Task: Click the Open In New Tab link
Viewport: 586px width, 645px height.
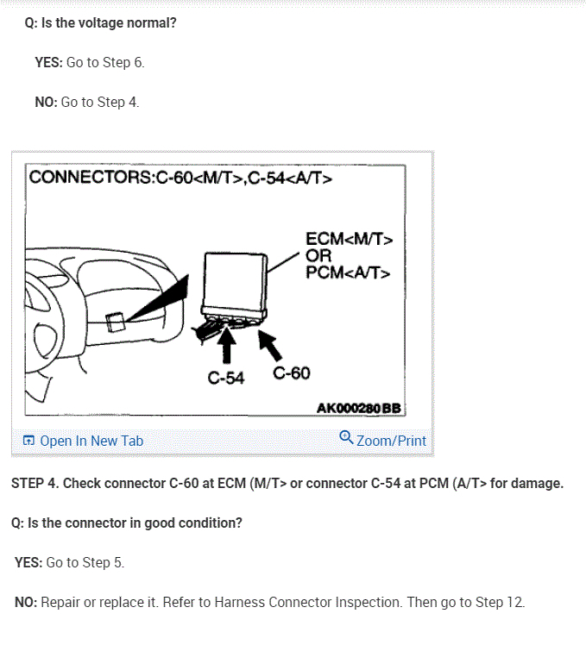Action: [91, 441]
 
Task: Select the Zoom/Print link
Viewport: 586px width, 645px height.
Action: [391, 441]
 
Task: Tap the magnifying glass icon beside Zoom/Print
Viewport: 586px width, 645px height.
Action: [346, 437]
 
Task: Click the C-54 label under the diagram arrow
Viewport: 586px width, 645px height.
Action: [226, 378]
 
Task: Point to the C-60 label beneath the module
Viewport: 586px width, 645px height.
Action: [291, 373]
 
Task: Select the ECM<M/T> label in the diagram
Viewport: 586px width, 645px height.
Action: [349, 239]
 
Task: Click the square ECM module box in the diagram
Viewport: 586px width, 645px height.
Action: [233, 280]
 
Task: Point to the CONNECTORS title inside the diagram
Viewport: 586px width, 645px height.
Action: [90, 178]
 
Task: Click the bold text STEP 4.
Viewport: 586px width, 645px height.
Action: [35, 483]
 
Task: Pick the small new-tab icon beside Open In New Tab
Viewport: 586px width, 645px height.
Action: [28, 441]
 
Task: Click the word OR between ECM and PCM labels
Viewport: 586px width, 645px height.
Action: [318, 256]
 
